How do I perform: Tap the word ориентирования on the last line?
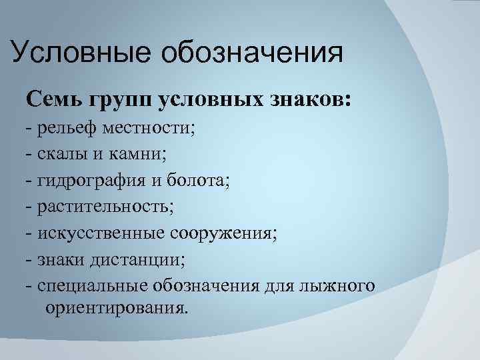117,309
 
